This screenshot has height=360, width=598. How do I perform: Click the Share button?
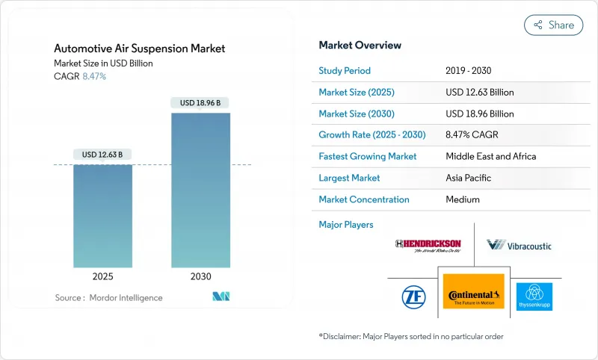click(553, 25)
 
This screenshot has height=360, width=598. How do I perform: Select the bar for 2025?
click(103, 216)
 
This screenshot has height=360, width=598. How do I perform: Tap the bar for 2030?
click(201, 190)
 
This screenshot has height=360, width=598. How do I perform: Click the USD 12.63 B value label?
click(103, 155)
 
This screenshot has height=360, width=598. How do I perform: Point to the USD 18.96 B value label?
click(200, 102)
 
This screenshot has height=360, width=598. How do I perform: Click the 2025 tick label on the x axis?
click(103, 276)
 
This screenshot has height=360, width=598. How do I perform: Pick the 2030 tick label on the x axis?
click(201, 276)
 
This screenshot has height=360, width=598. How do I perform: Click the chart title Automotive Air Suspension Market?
click(140, 49)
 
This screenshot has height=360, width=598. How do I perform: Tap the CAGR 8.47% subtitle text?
click(80, 76)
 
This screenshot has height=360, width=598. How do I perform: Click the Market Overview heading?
click(360, 46)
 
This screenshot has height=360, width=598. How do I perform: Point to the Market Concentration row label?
click(364, 199)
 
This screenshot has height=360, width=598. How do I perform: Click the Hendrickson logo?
click(428, 245)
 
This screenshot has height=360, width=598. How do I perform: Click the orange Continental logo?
click(473, 292)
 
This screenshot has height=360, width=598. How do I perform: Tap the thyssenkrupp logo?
click(534, 296)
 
